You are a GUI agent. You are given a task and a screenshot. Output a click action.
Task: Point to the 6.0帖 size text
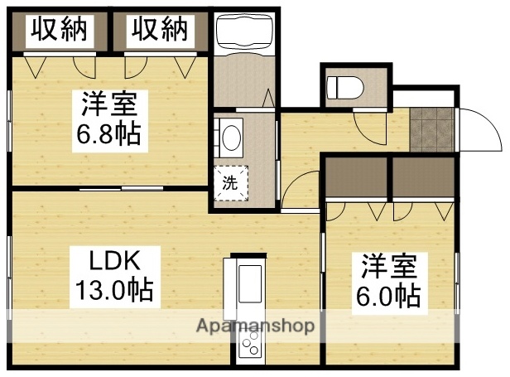[x=389, y=294]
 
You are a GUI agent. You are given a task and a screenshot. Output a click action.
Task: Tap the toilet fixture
[x=342, y=85]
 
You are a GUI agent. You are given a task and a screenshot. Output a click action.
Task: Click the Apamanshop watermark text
[x=255, y=326]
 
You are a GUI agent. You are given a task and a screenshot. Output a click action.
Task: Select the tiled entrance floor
[x=431, y=130]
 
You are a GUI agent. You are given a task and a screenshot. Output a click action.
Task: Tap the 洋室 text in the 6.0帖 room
[x=389, y=267]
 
